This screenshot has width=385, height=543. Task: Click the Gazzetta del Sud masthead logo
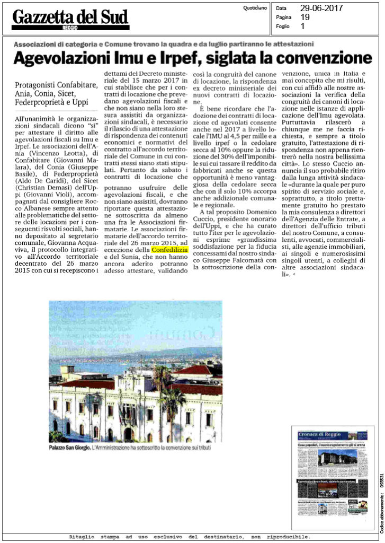pos(70,18)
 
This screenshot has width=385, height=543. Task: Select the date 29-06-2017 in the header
pos(321,8)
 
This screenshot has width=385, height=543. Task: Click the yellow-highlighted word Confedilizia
pos(169,249)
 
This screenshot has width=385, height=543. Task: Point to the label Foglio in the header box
pos(283,25)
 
